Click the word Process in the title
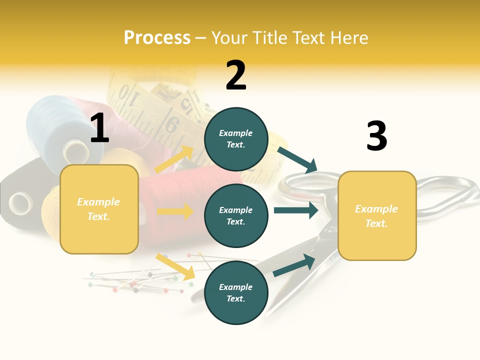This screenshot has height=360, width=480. pyautogui.click(x=157, y=38)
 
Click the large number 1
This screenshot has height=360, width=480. pyautogui.click(x=99, y=128)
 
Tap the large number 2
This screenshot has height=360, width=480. pyautogui.click(x=236, y=75)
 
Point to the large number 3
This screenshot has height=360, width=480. pyautogui.click(x=376, y=136)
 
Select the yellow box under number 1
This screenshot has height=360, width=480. pyautogui.click(x=99, y=209)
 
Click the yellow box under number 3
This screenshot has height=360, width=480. pyautogui.click(x=377, y=216)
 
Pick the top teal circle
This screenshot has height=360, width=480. pyautogui.click(x=236, y=139)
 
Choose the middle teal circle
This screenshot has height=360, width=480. pyautogui.click(x=236, y=215)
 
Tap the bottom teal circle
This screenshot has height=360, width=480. pyautogui.click(x=236, y=292)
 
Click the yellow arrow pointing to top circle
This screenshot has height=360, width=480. pyautogui.click(x=174, y=159)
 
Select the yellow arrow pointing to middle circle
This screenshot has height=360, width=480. pyautogui.click(x=175, y=211)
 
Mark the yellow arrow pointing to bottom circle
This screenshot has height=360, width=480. pyautogui.click(x=175, y=266)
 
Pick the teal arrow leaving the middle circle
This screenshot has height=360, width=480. pyautogui.click(x=296, y=210)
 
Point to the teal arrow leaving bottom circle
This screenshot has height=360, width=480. pyautogui.click(x=294, y=265)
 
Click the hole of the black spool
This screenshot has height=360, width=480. pyautogui.click(x=20, y=203)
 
